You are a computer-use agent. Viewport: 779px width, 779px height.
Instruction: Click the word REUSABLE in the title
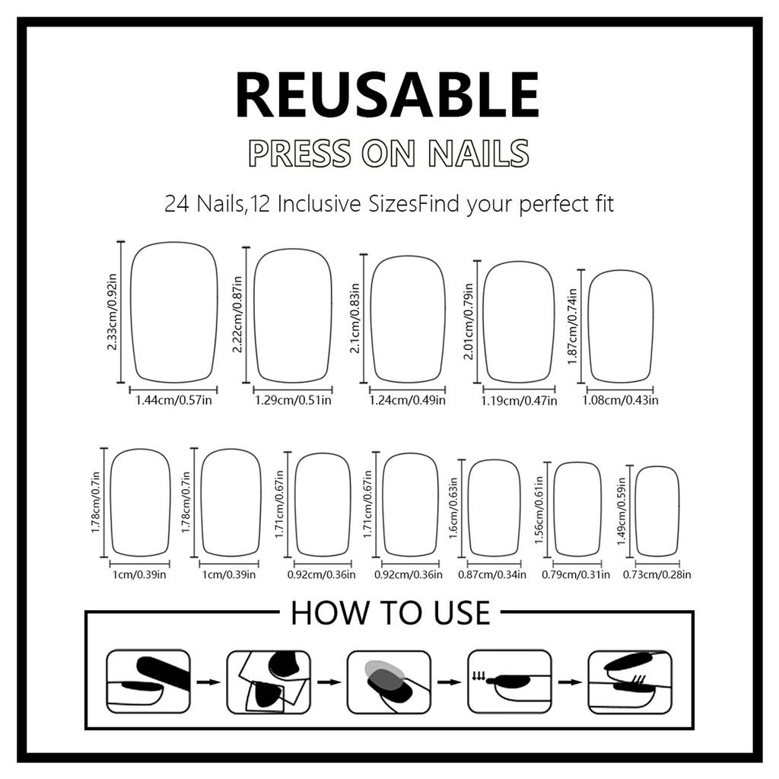click(387, 95)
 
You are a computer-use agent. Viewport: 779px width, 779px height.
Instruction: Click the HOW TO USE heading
click(390, 613)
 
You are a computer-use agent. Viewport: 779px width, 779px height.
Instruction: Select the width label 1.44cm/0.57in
click(173, 400)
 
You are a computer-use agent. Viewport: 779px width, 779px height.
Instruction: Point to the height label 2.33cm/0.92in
click(113, 312)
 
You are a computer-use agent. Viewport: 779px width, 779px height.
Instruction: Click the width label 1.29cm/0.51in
click(293, 400)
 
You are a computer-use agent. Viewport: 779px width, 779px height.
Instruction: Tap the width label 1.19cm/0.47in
click(519, 401)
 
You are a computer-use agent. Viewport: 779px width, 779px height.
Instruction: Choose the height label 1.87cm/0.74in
click(572, 326)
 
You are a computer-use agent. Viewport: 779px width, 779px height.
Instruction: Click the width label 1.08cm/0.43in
click(621, 401)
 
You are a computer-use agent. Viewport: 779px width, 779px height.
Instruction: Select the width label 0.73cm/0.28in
click(657, 575)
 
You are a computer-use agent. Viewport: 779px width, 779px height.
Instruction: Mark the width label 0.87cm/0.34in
click(492, 575)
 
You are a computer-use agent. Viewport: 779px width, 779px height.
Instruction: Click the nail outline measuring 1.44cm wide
click(173, 312)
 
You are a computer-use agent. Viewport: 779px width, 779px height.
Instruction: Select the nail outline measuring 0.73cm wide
click(657, 510)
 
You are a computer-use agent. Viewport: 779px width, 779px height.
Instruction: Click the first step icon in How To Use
click(148, 681)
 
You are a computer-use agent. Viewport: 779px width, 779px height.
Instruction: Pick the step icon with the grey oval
click(389, 681)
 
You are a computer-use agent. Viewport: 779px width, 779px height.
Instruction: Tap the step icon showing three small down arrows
click(508, 681)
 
